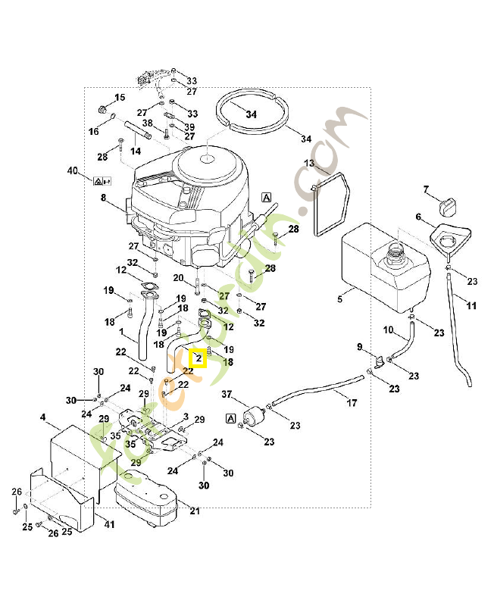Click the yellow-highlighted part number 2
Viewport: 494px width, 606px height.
click(x=198, y=357)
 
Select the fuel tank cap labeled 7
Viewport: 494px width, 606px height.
click(x=449, y=204)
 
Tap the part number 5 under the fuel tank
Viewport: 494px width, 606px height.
click(x=340, y=299)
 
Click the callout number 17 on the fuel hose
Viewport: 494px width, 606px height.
click(x=352, y=403)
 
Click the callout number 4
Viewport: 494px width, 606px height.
click(x=43, y=417)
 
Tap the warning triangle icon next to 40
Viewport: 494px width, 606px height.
click(x=98, y=181)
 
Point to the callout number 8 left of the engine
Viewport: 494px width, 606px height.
click(x=103, y=198)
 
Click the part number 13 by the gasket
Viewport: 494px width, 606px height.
click(x=309, y=164)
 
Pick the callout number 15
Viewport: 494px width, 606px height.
click(x=120, y=98)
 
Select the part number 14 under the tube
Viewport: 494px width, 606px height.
click(x=136, y=151)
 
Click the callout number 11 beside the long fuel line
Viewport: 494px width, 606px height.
click(x=471, y=306)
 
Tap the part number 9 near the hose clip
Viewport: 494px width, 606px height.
click(x=360, y=347)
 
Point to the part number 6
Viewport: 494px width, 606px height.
click(x=417, y=217)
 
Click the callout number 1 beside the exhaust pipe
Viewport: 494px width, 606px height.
click(x=121, y=332)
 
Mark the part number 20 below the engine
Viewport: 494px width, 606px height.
click(x=178, y=278)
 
